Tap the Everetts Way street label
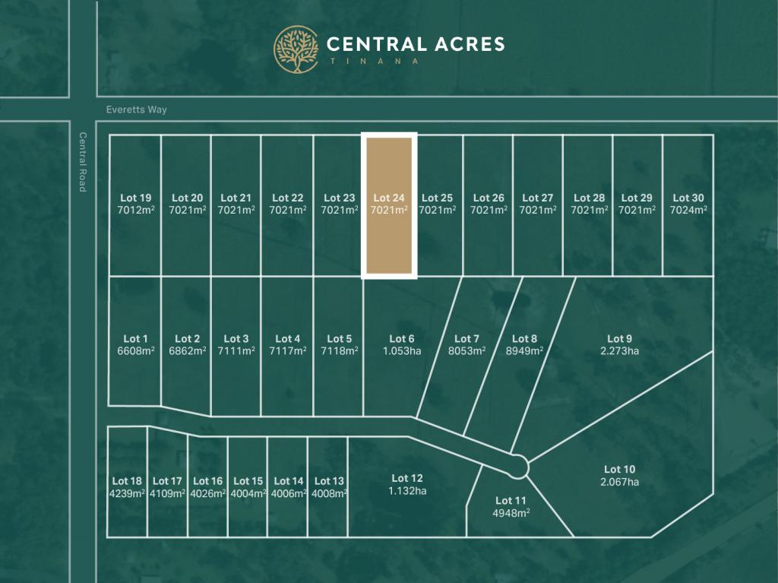(x=137, y=109)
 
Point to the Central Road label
(x=83, y=162)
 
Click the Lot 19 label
(x=135, y=198)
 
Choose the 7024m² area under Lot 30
(x=688, y=211)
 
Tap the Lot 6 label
(x=402, y=339)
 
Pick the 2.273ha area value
(x=619, y=351)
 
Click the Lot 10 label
(x=619, y=470)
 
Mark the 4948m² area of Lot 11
(x=511, y=513)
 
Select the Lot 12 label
(x=407, y=478)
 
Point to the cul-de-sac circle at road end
(x=519, y=466)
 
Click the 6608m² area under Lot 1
(x=135, y=351)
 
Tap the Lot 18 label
(x=127, y=481)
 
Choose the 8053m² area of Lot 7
(x=466, y=351)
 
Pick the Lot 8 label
(x=524, y=339)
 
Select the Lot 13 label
(x=329, y=481)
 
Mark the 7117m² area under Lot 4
(x=288, y=351)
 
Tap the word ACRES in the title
(x=465, y=44)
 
